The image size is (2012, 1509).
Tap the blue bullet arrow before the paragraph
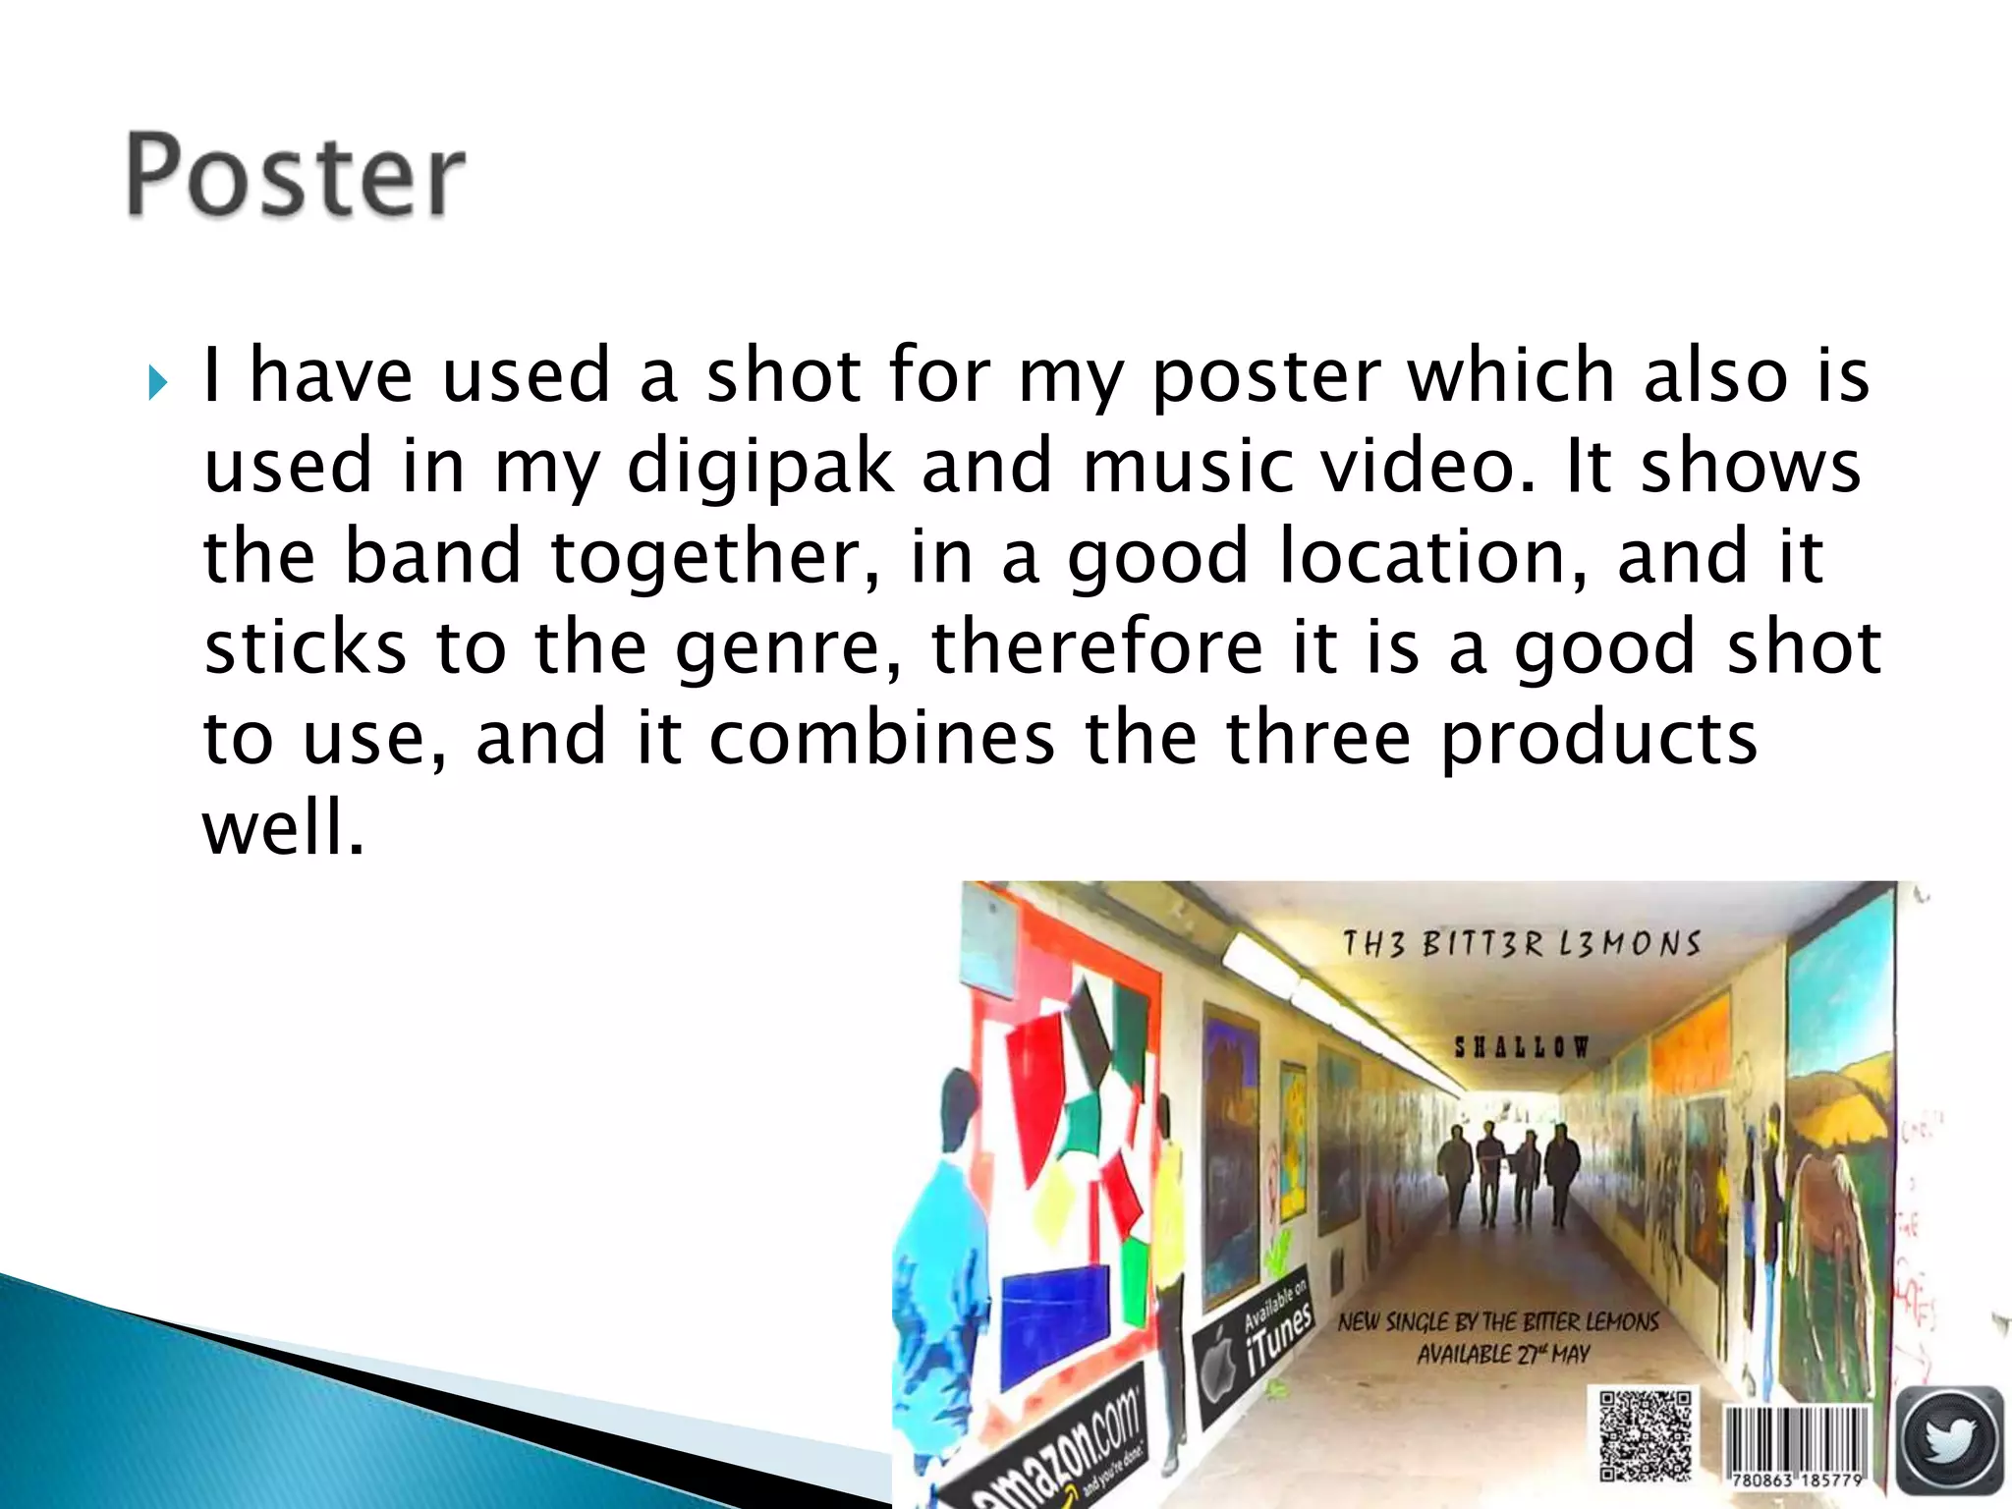[157, 382]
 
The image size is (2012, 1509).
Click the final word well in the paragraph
[283, 827]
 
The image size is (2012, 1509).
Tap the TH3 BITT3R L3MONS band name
[1521, 944]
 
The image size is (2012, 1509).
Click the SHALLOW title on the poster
[1521, 1047]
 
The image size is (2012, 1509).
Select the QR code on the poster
[1645, 1433]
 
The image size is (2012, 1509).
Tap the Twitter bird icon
[1950, 1439]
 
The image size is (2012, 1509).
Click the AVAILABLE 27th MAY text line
[1503, 1355]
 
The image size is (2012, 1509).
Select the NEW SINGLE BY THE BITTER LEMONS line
[1498, 1322]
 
